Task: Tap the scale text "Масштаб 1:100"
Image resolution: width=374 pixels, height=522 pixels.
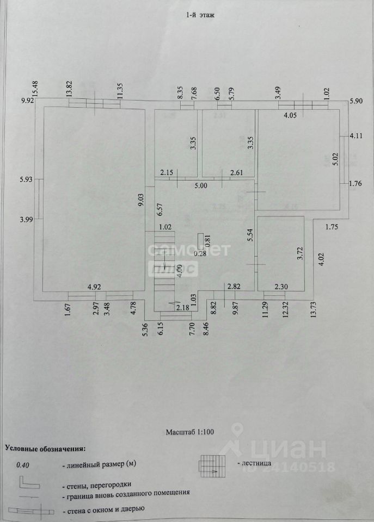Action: [x=191, y=432]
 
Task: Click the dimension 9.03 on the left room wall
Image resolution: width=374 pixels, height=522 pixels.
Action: [x=140, y=196]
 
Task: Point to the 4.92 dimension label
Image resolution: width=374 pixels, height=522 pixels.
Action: [x=96, y=287]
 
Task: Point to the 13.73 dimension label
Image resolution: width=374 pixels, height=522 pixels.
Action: [x=314, y=317]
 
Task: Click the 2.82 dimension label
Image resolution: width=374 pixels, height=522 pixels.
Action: [x=234, y=287]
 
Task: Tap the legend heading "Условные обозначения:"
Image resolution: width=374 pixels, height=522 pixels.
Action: [x=46, y=449]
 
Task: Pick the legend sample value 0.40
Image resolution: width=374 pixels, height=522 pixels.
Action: [x=23, y=465]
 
